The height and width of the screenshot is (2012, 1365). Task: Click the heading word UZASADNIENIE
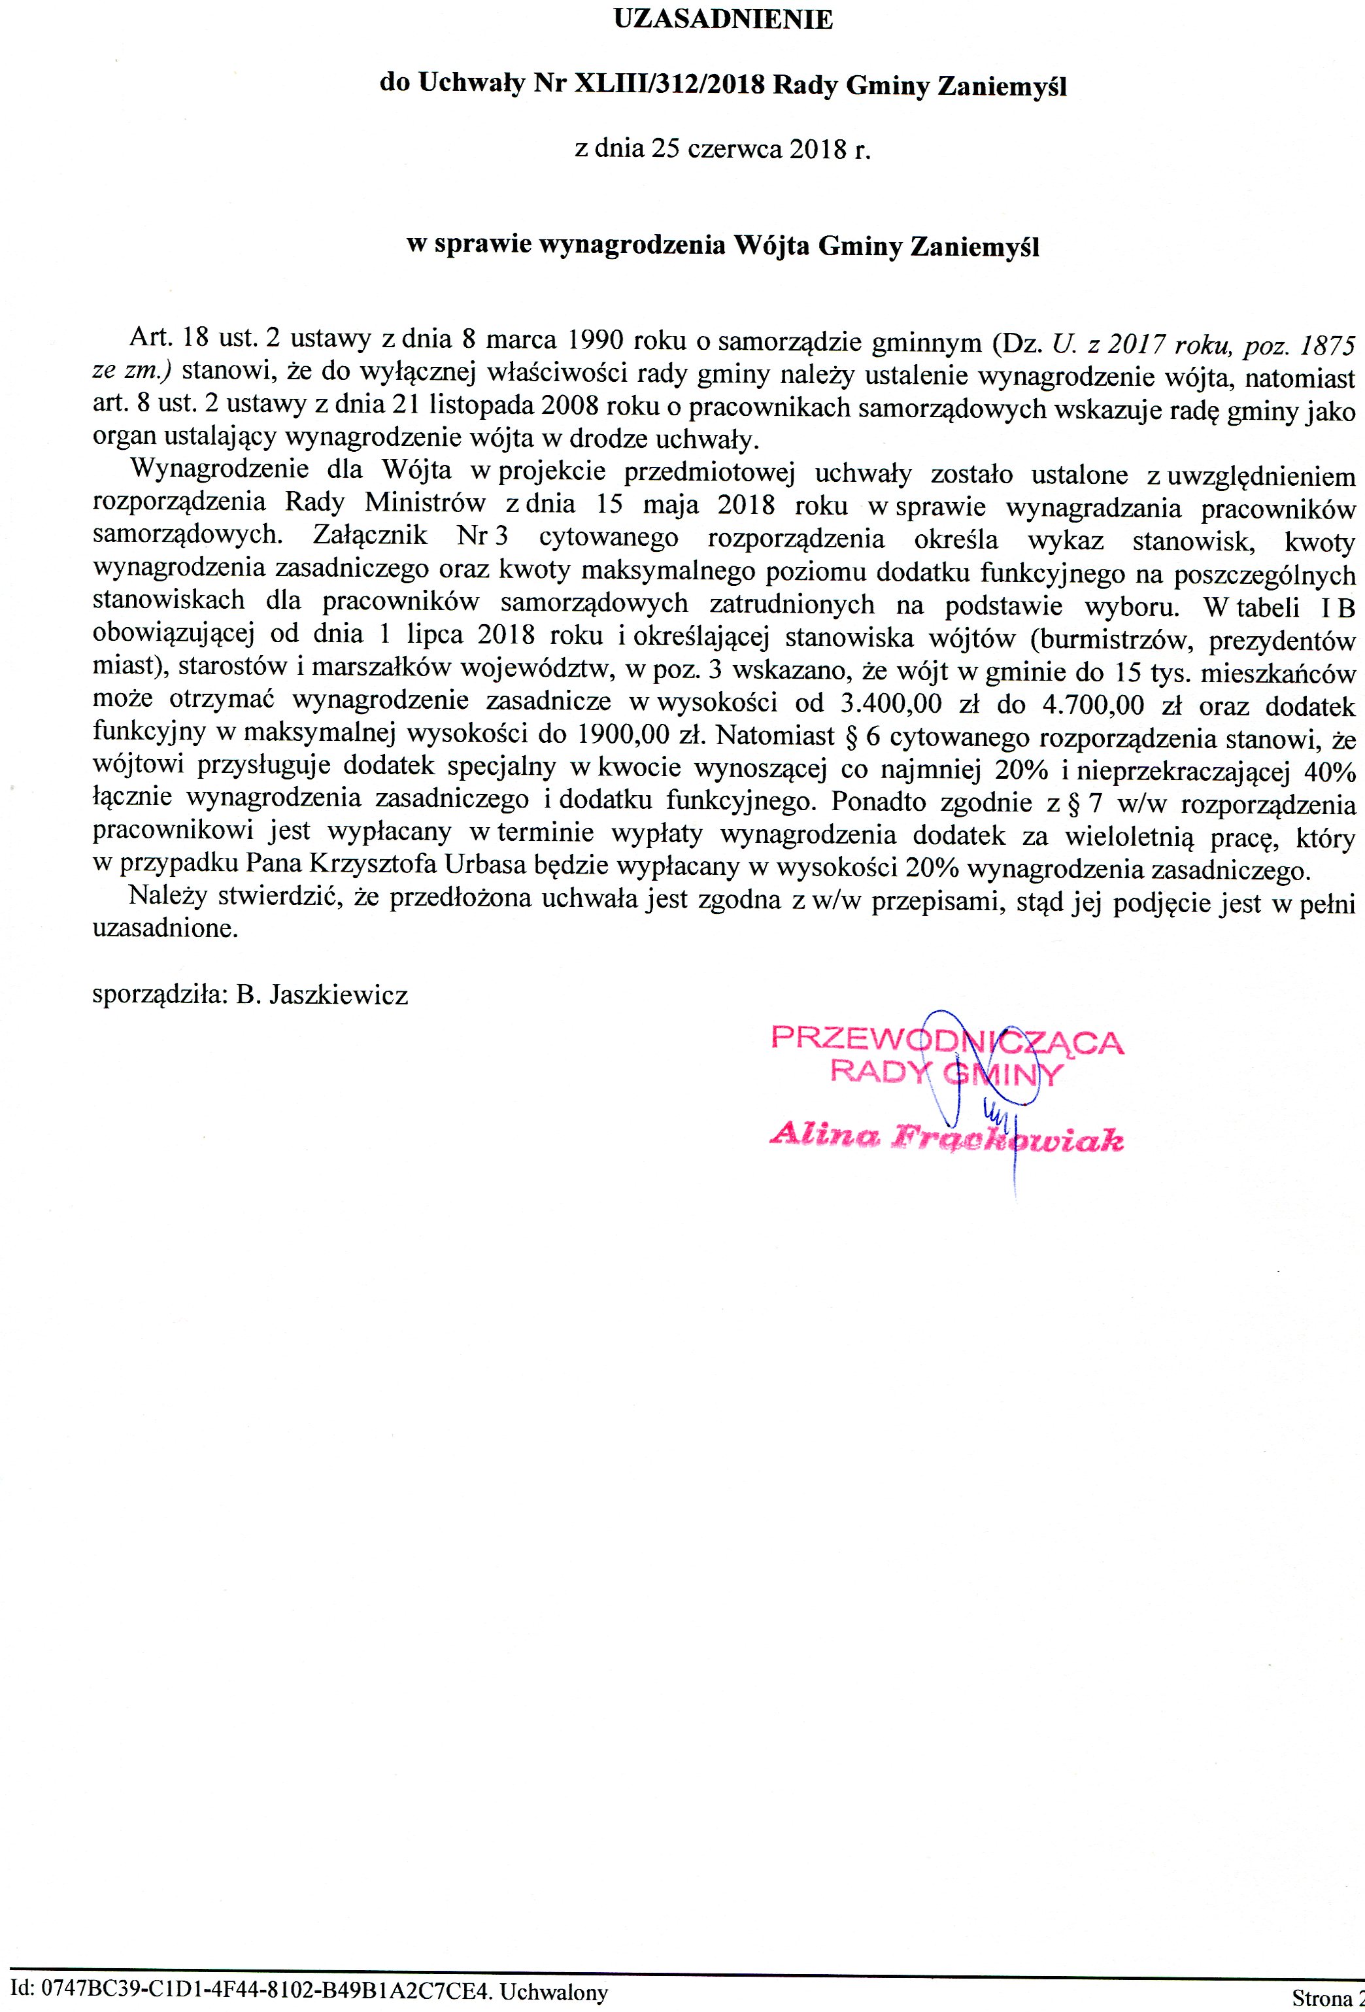pyautogui.click(x=723, y=20)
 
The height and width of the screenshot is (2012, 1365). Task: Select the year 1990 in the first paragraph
pyautogui.click(x=593, y=339)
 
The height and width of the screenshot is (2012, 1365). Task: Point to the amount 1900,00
pyautogui.click(x=619, y=735)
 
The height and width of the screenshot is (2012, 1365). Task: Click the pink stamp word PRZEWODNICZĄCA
pyautogui.click(x=946, y=1040)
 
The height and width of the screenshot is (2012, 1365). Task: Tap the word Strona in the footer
pyautogui.click(x=1319, y=1996)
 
